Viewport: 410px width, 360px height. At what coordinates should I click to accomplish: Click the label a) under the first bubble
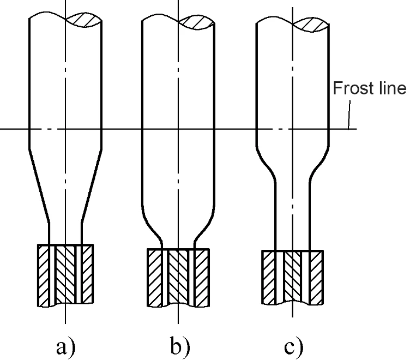coord(65,347)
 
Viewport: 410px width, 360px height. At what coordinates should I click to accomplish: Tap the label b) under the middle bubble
coord(180,346)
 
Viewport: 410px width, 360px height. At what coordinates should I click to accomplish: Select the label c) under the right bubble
coord(294,347)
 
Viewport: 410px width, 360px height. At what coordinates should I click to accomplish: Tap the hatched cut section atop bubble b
coord(197,23)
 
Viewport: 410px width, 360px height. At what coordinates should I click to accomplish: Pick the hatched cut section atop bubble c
coord(311,25)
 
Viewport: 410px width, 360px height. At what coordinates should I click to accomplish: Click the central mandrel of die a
coord(65,274)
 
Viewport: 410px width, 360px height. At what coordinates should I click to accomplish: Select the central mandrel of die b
coord(178,277)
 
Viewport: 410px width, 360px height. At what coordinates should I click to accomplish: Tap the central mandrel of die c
coord(293,277)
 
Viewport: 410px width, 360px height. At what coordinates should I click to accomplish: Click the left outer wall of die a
coord(44,275)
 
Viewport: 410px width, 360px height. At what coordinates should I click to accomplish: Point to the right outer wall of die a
coord(87,274)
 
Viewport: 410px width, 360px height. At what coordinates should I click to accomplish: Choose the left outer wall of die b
coord(155,278)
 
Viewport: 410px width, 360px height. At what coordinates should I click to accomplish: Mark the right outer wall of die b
coord(202,278)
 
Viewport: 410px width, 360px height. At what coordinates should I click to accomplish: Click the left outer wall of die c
coord(269,278)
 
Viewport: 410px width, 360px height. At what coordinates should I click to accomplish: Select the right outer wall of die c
coord(316,278)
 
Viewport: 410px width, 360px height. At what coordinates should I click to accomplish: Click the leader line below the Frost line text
coord(349,115)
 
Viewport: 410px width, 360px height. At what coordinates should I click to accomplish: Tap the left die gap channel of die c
coord(280,277)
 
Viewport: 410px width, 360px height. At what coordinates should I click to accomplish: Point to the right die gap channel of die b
coord(192,278)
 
